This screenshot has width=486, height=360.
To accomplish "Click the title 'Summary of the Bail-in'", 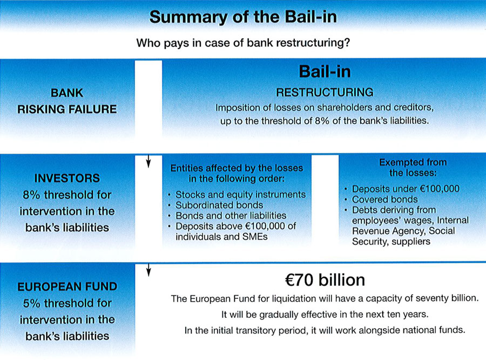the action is click(243, 17).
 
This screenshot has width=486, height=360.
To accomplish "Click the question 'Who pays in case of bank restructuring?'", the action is click(243, 43).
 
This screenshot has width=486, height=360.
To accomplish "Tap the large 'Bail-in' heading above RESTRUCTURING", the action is click(325, 71).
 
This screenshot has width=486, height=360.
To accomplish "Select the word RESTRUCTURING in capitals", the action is click(325, 92).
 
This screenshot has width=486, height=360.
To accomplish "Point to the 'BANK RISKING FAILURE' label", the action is click(67, 101).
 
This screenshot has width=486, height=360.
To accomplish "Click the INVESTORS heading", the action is click(67, 178).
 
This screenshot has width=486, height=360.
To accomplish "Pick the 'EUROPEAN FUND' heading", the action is click(67, 286).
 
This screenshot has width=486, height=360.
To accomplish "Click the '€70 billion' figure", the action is click(325, 280).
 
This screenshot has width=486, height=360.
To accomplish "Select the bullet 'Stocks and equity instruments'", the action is click(240, 195).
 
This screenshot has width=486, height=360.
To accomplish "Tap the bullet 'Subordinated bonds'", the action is click(219, 205).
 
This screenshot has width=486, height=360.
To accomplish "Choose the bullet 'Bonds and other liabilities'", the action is click(231, 216).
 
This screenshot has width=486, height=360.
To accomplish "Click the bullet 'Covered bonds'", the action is click(384, 199).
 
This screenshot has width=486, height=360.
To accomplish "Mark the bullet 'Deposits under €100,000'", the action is click(406, 189).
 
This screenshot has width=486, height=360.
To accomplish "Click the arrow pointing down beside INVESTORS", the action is click(148, 161).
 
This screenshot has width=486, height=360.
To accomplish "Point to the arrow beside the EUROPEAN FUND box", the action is click(148, 269).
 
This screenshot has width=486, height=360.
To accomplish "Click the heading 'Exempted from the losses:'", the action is click(413, 167).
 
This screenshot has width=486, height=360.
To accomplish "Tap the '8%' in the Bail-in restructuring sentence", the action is click(322, 121).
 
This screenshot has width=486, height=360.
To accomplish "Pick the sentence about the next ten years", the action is click(325, 315).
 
